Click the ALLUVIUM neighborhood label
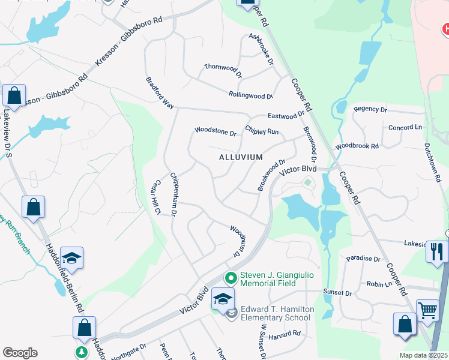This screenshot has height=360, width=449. pos(240,157)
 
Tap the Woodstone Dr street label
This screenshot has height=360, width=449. pos(215,131)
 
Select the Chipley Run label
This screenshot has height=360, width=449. pos(262,130)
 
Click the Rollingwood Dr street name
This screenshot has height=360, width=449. pos(250,95)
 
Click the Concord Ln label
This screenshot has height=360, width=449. pos(405,128)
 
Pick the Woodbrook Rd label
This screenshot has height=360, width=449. pos(357,146)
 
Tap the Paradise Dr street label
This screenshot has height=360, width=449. pos(363,259)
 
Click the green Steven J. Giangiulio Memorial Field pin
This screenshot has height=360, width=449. pos(229,278)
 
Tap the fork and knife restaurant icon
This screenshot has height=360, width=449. pos(436,251)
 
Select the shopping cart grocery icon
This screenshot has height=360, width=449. pos(427,311)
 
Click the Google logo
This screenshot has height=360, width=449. pos(20,353)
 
